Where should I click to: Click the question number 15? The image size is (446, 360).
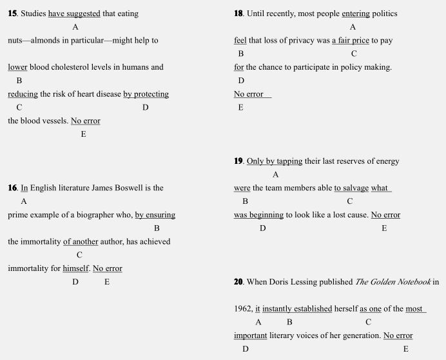pos(12,14)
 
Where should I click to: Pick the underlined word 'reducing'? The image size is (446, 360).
pos(23,94)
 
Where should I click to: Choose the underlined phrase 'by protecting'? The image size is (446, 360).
pos(146,94)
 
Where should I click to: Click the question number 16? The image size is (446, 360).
pos(12,188)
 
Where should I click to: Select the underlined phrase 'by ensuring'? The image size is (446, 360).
pos(155,215)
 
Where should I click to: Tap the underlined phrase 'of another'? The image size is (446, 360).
pos(81,241)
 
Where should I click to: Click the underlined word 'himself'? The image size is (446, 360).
pos(75,268)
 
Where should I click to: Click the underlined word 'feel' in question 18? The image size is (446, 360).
pos(240,40)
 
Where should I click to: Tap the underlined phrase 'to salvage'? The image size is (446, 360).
pos(351,188)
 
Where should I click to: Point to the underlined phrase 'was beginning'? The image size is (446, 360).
pos(258,215)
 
